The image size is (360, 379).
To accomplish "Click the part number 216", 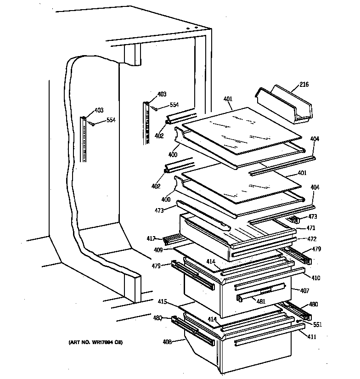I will tap(304, 85).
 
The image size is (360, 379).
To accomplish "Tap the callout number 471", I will tap(298, 228).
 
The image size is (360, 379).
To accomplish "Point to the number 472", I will tap(299, 239).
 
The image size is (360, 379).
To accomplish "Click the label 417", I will tap(151, 238).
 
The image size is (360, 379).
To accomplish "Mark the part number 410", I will tap(315, 278).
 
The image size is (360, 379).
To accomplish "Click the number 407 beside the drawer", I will tap(305, 291).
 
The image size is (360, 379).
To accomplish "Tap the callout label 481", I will tap(260, 302).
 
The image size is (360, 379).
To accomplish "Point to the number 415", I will tap(162, 302).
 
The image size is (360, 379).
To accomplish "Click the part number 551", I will tap(318, 324).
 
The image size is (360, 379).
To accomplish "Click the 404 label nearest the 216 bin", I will tap(315, 139).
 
